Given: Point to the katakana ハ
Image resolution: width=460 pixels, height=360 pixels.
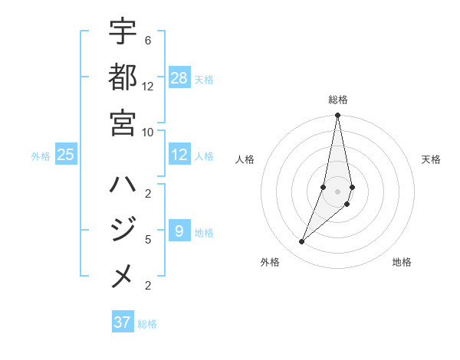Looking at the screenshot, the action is (x=123, y=185).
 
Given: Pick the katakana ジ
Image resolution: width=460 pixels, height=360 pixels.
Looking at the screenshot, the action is (x=123, y=231).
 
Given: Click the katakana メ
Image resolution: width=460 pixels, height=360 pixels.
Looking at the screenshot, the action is (x=123, y=277).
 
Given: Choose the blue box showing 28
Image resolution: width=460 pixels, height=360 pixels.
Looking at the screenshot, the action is (x=179, y=78).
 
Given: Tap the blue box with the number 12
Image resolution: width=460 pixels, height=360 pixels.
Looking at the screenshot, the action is (x=179, y=155).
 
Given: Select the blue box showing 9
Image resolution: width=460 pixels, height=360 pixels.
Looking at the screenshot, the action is (x=179, y=231).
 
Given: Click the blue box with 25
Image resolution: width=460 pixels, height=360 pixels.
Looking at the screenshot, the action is (x=66, y=155).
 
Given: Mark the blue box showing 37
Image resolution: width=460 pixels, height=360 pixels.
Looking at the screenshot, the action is (x=122, y=322).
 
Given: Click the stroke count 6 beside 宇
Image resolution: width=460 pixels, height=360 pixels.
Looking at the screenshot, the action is (x=147, y=40).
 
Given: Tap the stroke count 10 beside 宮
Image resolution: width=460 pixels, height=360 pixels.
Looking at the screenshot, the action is (x=147, y=132).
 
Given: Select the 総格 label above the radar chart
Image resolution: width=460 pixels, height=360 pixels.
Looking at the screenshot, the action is (x=338, y=100).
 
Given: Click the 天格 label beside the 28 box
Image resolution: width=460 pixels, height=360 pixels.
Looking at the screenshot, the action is (x=204, y=79).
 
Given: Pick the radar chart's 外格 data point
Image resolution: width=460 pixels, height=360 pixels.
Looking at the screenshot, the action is (x=302, y=242).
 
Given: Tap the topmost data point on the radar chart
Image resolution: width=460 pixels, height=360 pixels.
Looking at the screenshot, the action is (x=337, y=116).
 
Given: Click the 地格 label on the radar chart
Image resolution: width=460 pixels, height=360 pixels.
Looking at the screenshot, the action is (x=402, y=262).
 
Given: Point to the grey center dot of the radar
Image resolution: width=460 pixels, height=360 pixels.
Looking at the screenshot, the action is (x=337, y=191).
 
